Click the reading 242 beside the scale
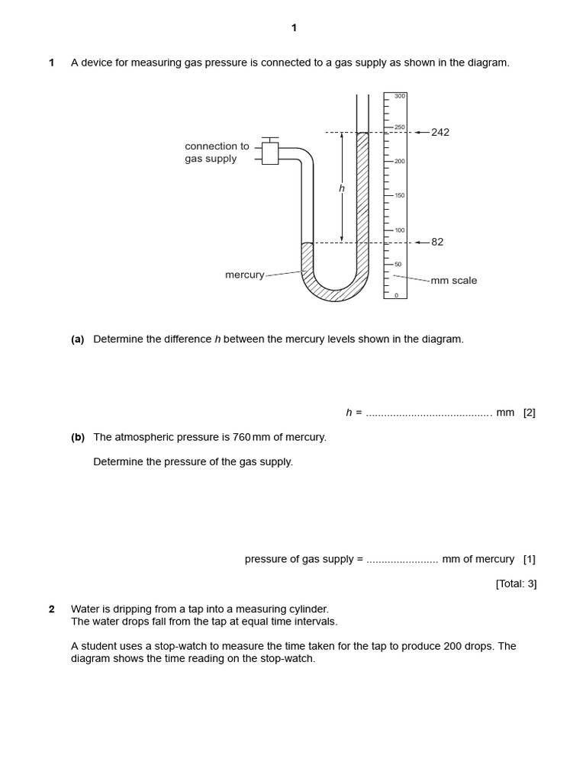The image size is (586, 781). click(x=440, y=132)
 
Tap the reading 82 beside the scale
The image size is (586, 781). click(x=437, y=242)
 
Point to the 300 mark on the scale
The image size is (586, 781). click(x=400, y=96)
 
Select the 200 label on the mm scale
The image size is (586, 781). click(x=400, y=162)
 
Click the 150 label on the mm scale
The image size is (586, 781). click(x=400, y=195)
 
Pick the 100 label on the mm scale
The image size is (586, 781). click(x=400, y=230)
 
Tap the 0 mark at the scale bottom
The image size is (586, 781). click(x=396, y=295)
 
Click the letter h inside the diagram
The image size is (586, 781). click(x=342, y=188)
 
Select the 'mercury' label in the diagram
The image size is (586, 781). click(x=244, y=275)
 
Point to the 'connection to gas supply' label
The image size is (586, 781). click(x=217, y=153)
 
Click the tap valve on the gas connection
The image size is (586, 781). click(x=270, y=153)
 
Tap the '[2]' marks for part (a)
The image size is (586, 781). click(x=530, y=413)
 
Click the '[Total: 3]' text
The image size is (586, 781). click(x=516, y=584)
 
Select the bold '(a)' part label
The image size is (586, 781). click(x=78, y=339)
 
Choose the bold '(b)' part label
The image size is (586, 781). click(x=78, y=438)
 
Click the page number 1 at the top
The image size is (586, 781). click(x=294, y=28)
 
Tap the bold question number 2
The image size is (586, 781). click(x=52, y=609)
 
